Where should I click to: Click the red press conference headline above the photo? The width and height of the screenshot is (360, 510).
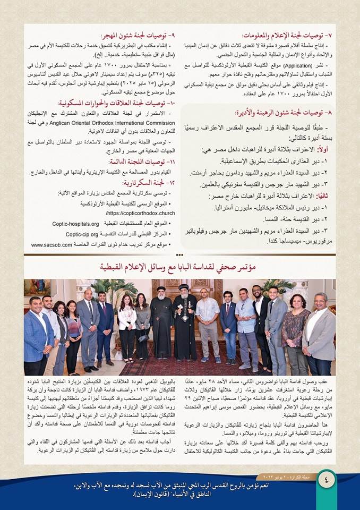181,268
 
